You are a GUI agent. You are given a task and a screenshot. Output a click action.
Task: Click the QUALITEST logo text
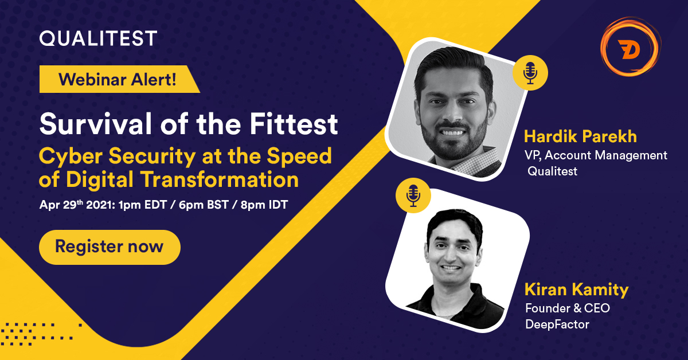[98, 38]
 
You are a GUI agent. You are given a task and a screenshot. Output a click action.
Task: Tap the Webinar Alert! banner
[117, 79]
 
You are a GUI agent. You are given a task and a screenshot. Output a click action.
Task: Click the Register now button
[110, 247]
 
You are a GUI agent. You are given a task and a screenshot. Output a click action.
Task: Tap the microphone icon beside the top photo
[530, 73]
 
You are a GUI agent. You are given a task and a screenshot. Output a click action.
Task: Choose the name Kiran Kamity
[577, 289]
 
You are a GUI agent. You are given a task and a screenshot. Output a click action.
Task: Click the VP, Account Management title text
[596, 155]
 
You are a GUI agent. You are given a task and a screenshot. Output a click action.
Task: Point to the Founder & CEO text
[568, 308]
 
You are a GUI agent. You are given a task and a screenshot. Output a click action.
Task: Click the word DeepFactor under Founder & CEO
[557, 324]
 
